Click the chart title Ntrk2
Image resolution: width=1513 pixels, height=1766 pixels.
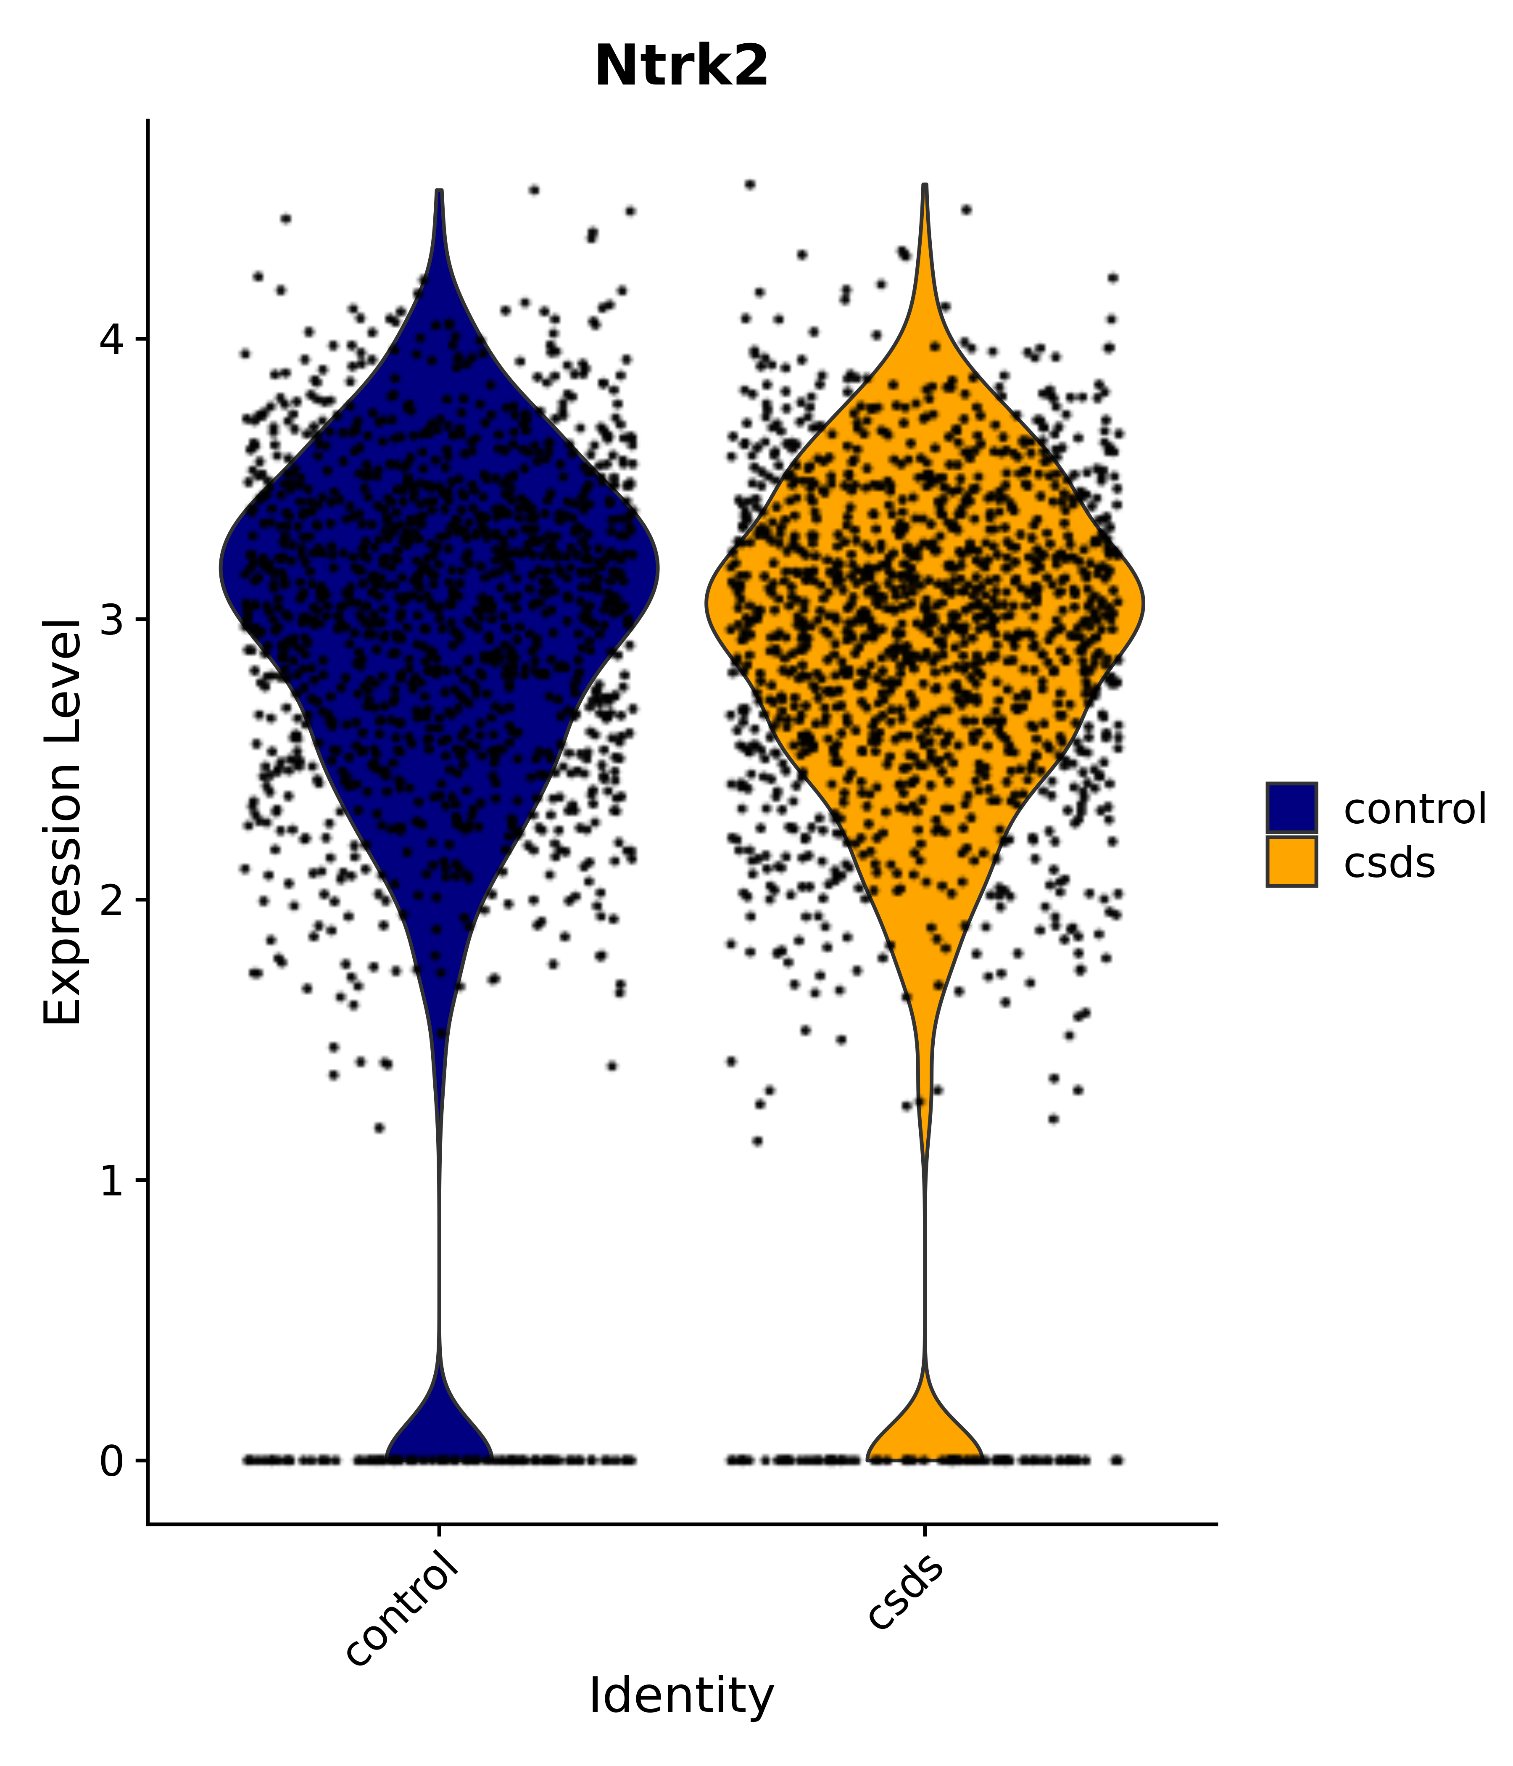coord(682,66)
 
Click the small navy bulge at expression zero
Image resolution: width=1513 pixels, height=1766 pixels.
coord(440,1436)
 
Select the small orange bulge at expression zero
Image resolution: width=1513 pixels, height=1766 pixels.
coord(924,1436)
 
